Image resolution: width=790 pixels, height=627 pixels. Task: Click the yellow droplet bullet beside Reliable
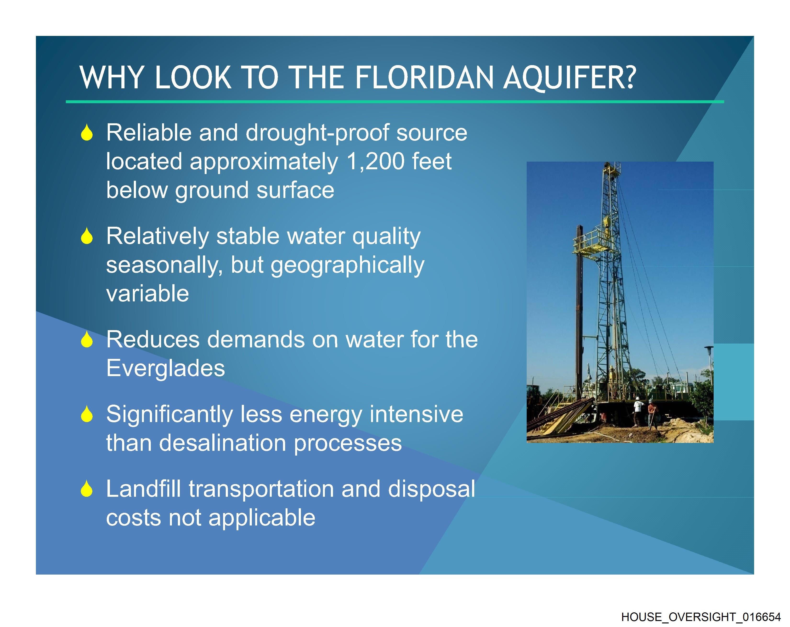click(87, 133)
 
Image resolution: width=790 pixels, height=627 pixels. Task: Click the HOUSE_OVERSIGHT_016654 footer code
click(701, 617)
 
